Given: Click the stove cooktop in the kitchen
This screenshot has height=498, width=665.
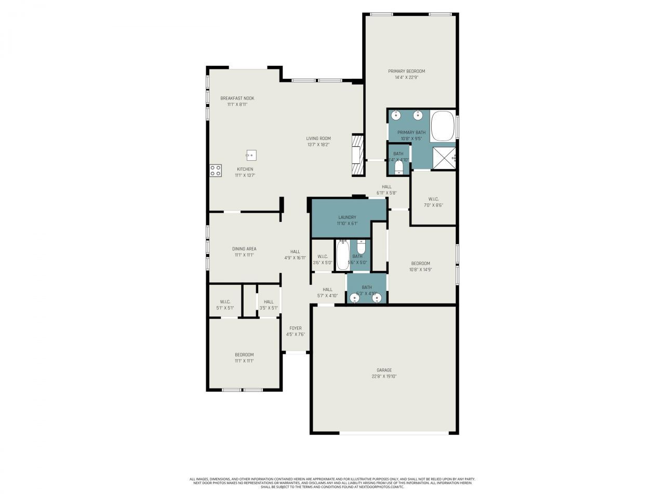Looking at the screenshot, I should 216,170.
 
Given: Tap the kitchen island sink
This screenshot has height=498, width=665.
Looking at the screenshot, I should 251,155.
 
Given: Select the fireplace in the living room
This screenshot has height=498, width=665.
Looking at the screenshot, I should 357,156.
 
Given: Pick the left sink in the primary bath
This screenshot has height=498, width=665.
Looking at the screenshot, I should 396,116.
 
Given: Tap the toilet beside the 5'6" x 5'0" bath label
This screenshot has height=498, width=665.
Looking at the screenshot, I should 362,247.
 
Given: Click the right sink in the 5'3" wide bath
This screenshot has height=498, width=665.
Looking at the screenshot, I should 378,298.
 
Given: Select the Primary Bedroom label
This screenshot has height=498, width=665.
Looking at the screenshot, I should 406,71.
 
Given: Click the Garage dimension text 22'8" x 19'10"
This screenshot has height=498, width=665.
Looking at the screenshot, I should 384,377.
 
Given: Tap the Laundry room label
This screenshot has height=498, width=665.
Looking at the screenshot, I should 347,217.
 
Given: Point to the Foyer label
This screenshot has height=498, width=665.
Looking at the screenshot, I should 295,328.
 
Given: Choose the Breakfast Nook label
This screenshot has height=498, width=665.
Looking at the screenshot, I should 237,98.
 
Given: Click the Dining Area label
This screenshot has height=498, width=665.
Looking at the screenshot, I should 244,248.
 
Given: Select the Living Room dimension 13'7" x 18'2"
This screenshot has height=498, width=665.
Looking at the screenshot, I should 318,145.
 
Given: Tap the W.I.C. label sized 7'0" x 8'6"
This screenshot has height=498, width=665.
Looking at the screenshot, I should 433,199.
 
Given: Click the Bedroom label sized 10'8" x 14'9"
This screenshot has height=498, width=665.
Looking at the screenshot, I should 420,263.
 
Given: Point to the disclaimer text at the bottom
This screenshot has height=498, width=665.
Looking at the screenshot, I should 332,483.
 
